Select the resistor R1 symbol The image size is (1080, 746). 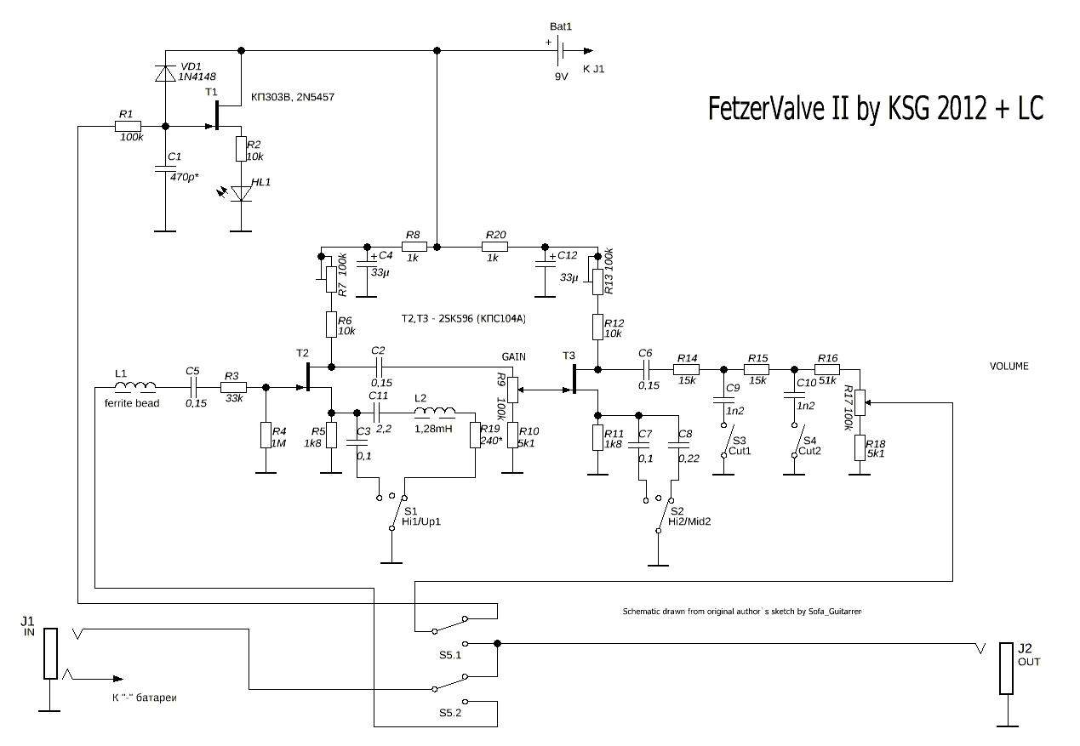[x=128, y=127]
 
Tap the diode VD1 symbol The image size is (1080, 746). [x=164, y=72]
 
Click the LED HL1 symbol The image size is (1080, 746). [x=243, y=193]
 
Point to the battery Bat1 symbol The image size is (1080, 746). [x=561, y=51]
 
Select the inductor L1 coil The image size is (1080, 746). [x=134, y=384]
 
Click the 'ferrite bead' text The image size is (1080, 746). [x=132, y=402]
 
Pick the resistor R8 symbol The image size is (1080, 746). [x=414, y=247]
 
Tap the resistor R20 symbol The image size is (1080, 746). [x=495, y=247]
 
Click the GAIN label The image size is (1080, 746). [x=514, y=356]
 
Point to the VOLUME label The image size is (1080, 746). [x=1009, y=367]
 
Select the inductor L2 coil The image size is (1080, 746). [x=435, y=414]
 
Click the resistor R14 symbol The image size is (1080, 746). [x=687, y=369]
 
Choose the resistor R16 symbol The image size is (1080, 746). [x=827, y=369]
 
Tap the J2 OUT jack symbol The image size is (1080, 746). [x=1007, y=669]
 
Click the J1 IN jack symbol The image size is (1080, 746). [x=51, y=653]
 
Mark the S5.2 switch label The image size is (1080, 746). [x=451, y=713]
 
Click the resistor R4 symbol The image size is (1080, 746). [x=266, y=436]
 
